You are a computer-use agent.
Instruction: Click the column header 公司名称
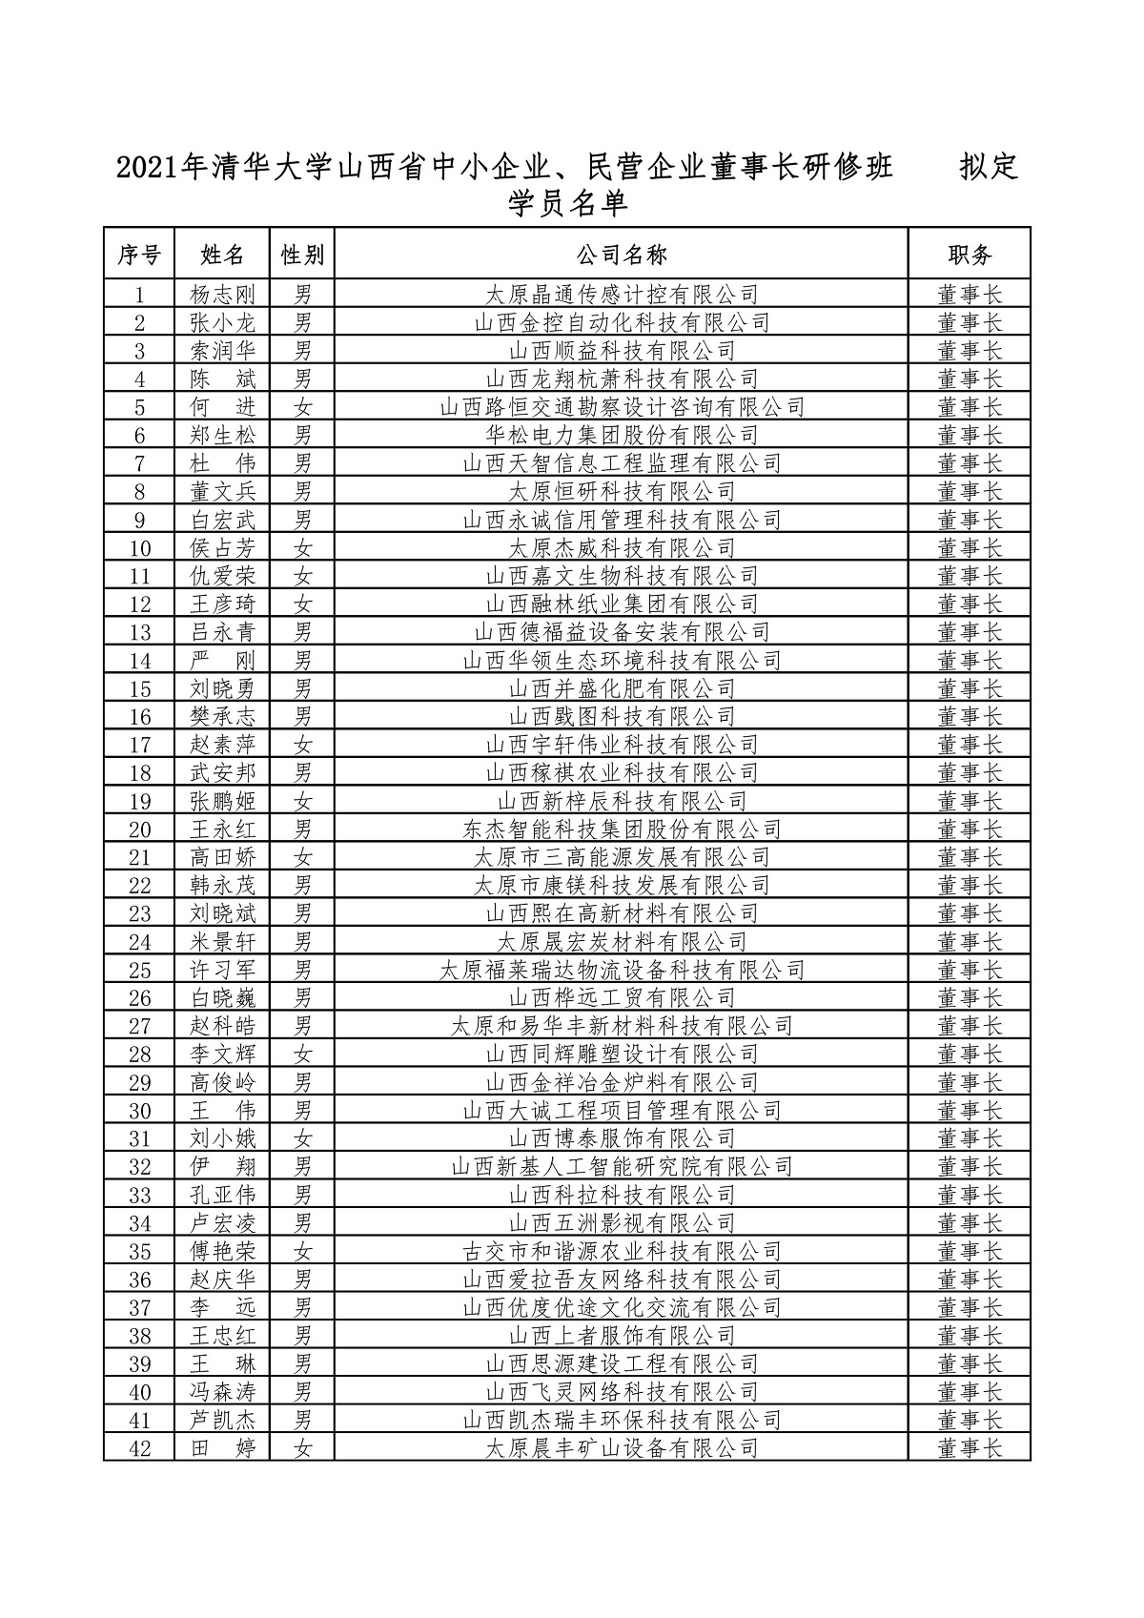[621, 255]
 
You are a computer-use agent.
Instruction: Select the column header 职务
[970, 255]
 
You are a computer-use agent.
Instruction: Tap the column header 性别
[302, 255]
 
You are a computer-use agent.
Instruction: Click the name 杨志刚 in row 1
[223, 295]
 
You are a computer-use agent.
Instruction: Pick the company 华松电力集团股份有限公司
[621, 436]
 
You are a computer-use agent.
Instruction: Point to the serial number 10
[140, 548]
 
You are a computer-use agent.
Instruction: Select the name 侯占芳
[223, 548]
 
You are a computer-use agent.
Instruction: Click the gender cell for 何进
[302, 407]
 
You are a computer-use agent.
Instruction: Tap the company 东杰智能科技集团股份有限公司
[621, 829]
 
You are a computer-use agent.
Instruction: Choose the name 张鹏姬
[223, 801]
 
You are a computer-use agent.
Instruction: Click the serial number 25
[140, 971]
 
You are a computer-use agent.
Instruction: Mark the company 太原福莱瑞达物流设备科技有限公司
[621, 971]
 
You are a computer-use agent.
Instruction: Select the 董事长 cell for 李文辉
[970, 1055]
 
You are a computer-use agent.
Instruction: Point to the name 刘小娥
[223, 1138]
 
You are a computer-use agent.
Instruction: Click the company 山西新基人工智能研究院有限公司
[621, 1167]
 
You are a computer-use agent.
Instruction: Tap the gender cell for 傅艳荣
[302, 1251]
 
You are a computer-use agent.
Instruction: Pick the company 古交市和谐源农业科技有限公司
[621, 1251]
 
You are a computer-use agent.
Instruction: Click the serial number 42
[140, 1448]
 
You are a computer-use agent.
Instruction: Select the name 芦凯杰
[223, 1421]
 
